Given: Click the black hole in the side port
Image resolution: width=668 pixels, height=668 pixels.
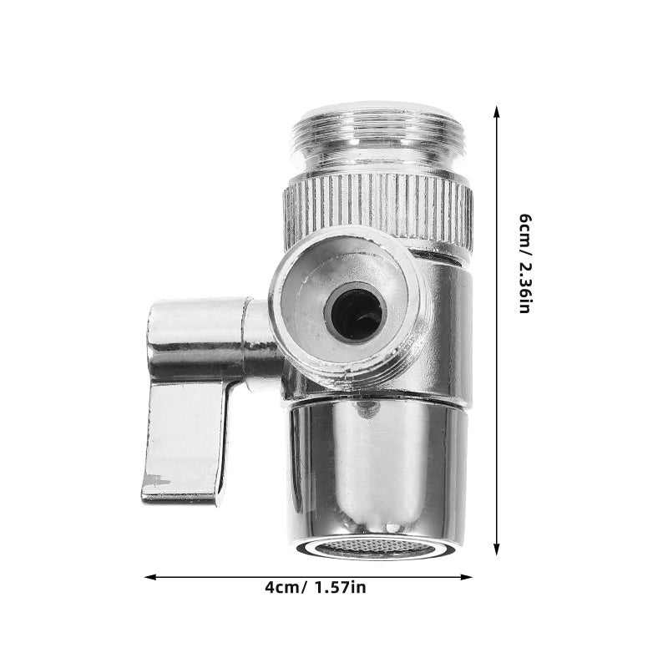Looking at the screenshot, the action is tap(356, 312).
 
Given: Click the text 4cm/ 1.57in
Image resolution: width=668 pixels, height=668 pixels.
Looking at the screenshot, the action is tap(316, 588).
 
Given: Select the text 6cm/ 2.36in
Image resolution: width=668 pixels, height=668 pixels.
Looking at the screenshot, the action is tap(525, 264).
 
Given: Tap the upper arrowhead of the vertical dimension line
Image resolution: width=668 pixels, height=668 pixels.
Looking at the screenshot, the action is tap(496, 111).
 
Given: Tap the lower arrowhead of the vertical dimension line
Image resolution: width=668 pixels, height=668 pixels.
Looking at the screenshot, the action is tap(496, 549).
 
